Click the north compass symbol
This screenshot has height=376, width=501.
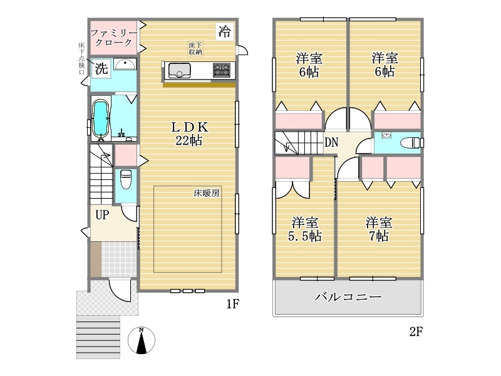point(142,340)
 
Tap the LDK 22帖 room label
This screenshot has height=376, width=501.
point(189,133)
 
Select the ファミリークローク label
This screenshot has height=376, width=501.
point(113,38)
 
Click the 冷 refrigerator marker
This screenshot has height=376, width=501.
point(225,31)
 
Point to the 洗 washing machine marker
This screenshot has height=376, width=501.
point(101,68)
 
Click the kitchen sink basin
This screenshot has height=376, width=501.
point(179,70)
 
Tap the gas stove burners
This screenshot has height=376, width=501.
point(222,70)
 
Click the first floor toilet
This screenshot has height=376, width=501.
point(126,179)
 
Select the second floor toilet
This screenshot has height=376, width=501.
point(410,143)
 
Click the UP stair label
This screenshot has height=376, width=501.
point(102,215)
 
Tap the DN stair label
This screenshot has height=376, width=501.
point(331,142)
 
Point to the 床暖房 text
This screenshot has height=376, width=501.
point(207,193)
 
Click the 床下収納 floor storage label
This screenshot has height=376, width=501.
point(195,49)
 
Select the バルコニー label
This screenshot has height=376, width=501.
point(348,297)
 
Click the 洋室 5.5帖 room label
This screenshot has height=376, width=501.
point(305,229)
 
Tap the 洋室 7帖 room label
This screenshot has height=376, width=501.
point(379,229)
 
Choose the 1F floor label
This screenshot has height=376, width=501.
point(232,304)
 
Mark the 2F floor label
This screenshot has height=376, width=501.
point(416,332)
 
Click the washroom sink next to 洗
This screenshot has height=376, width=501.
point(125,64)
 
